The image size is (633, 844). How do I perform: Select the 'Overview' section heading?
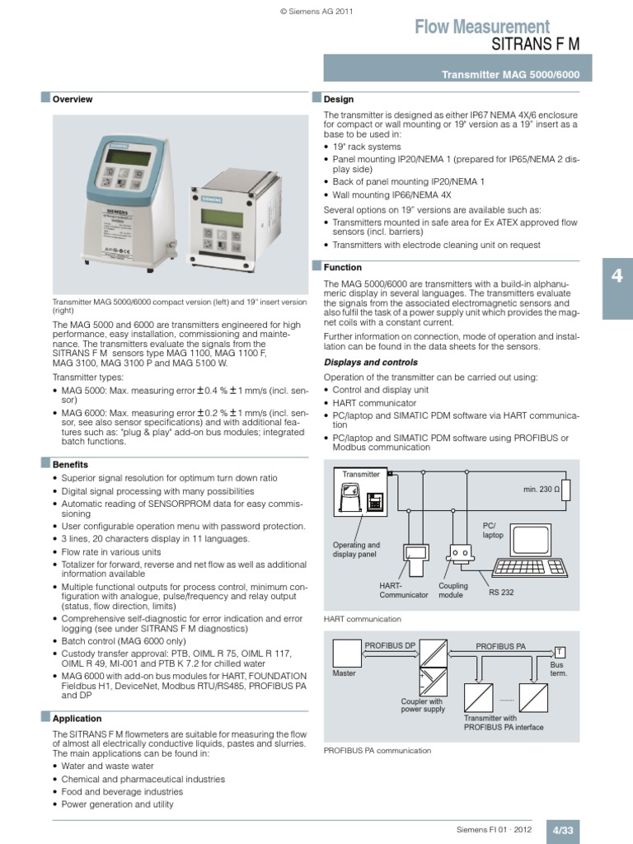coord(73,100)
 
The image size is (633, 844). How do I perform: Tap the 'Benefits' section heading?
coord(70,465)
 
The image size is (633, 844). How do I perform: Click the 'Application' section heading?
coord(77,719)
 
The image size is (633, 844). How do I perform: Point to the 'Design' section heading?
coord(338,99)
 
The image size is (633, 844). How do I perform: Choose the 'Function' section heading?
coord(343,268)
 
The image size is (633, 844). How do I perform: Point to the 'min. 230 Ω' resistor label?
coord(541,490)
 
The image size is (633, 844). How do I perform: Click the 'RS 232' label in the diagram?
coord(501,592)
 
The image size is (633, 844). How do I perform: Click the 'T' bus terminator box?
coord(560,651)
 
